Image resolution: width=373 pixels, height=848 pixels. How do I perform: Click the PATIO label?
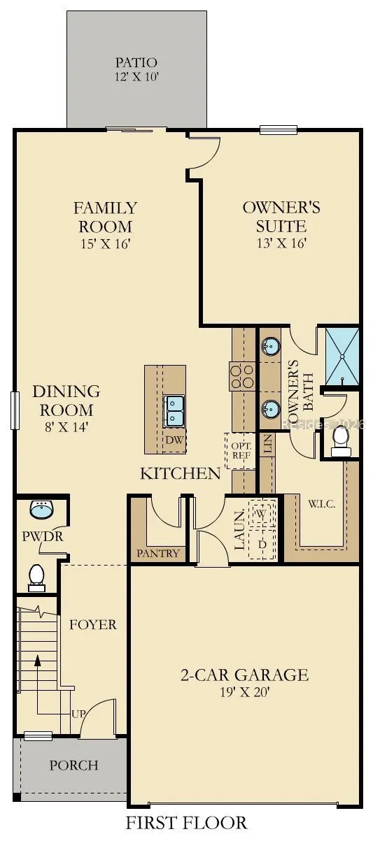136,62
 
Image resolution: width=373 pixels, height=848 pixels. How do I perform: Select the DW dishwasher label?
174,440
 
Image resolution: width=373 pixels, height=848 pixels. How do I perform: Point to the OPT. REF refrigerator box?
240,451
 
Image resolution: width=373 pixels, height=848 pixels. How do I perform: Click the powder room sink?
42,510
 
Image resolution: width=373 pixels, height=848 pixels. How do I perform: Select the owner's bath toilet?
341,441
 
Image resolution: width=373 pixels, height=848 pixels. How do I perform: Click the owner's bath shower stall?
342,357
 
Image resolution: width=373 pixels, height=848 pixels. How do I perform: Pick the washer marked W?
261,514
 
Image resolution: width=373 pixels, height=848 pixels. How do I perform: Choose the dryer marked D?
262,544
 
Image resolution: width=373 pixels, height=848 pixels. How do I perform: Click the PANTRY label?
157,554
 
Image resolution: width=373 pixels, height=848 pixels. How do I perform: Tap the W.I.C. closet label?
321,504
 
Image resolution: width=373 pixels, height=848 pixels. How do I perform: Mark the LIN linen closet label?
268,444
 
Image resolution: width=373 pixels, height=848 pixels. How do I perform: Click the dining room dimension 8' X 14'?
66,427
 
